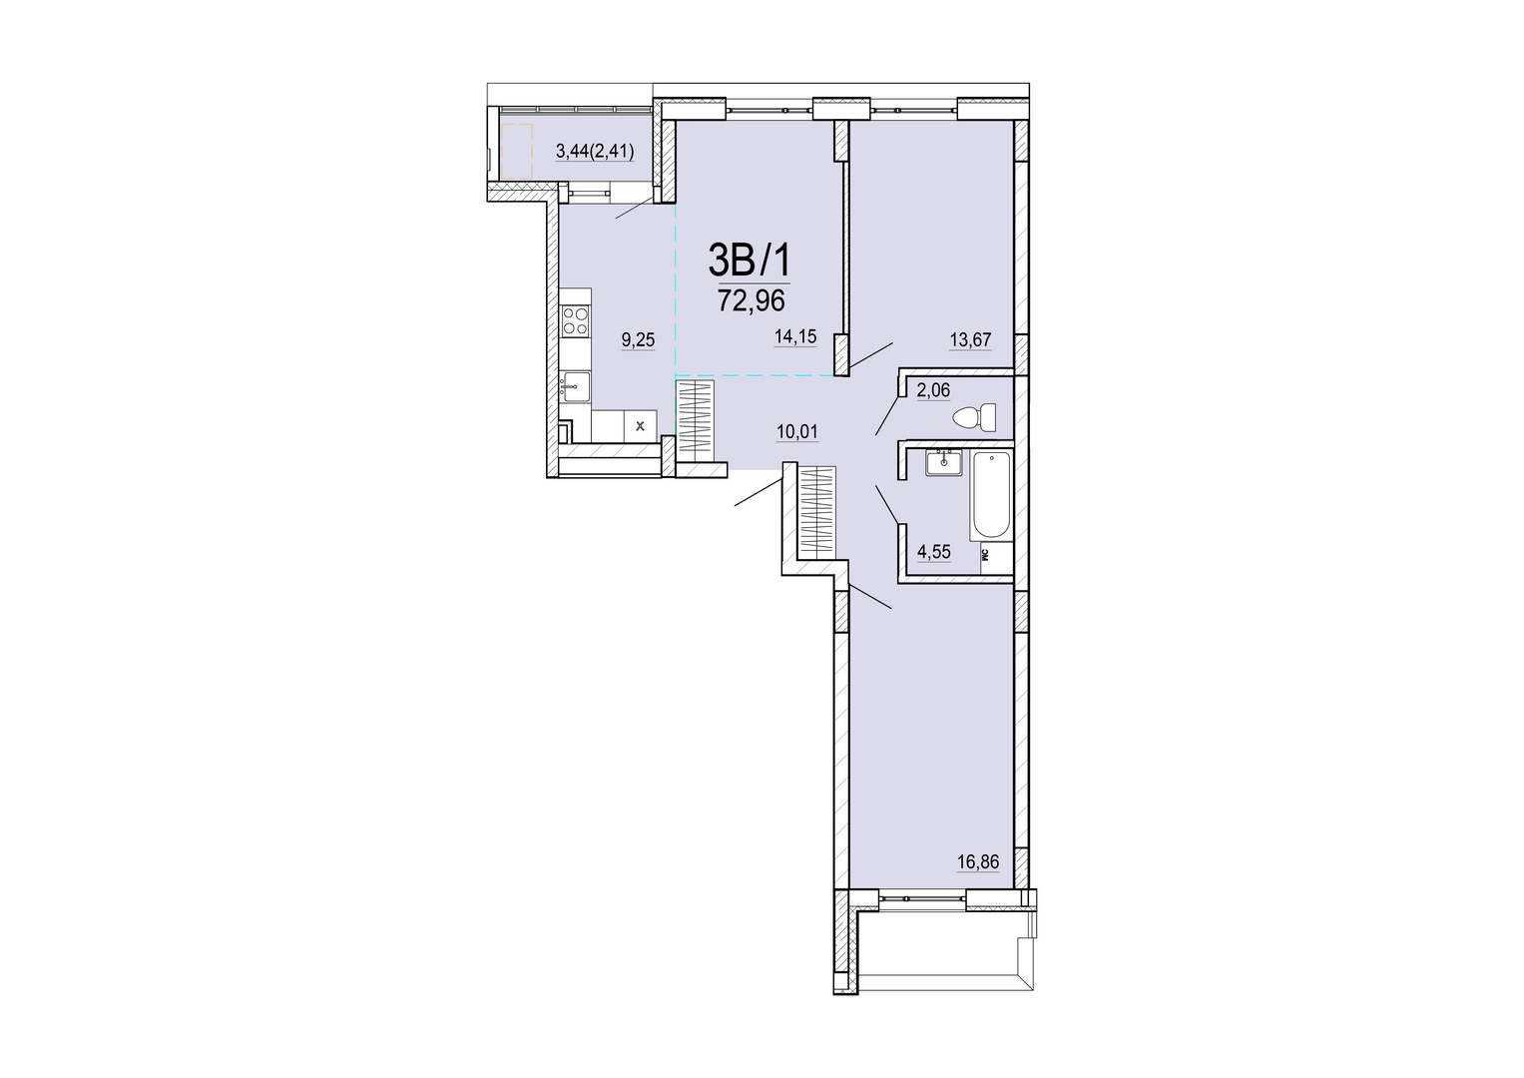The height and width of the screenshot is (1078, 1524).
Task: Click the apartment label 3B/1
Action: tap(751, 260)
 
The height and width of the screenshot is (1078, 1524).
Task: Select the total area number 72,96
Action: tap(752, 299)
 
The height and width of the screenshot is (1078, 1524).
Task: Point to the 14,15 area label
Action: tap(795, 336)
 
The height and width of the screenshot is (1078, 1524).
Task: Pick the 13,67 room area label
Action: tap(970, 339)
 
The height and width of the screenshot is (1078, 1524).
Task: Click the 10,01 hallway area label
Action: tap(797, 431)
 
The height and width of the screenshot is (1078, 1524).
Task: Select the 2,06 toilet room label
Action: tap(933, 390)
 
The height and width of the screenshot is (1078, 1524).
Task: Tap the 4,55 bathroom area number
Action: tap(933, 552)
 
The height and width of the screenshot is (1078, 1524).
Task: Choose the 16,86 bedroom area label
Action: tap(978, 862)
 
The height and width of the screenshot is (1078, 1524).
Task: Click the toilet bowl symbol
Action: tap(975, 417)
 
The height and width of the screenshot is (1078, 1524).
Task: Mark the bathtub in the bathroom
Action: tap(993, 496)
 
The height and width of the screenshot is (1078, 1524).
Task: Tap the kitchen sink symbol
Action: tap(575, 387)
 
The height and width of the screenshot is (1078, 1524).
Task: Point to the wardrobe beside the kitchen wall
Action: tap(695, 423)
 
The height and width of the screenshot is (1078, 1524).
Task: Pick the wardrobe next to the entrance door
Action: tap(816, 510)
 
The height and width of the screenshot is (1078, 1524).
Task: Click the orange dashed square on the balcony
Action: tap(517, 151)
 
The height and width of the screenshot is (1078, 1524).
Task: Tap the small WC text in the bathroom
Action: tap(984, 554)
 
